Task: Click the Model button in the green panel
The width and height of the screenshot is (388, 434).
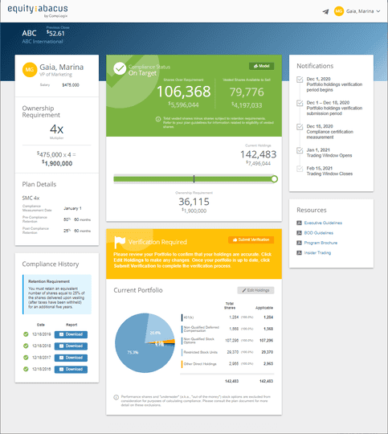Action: [x=261, y=66]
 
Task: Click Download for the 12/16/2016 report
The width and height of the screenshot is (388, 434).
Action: [x=71, y=369]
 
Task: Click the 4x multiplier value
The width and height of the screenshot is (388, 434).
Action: [x=56, y=129]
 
